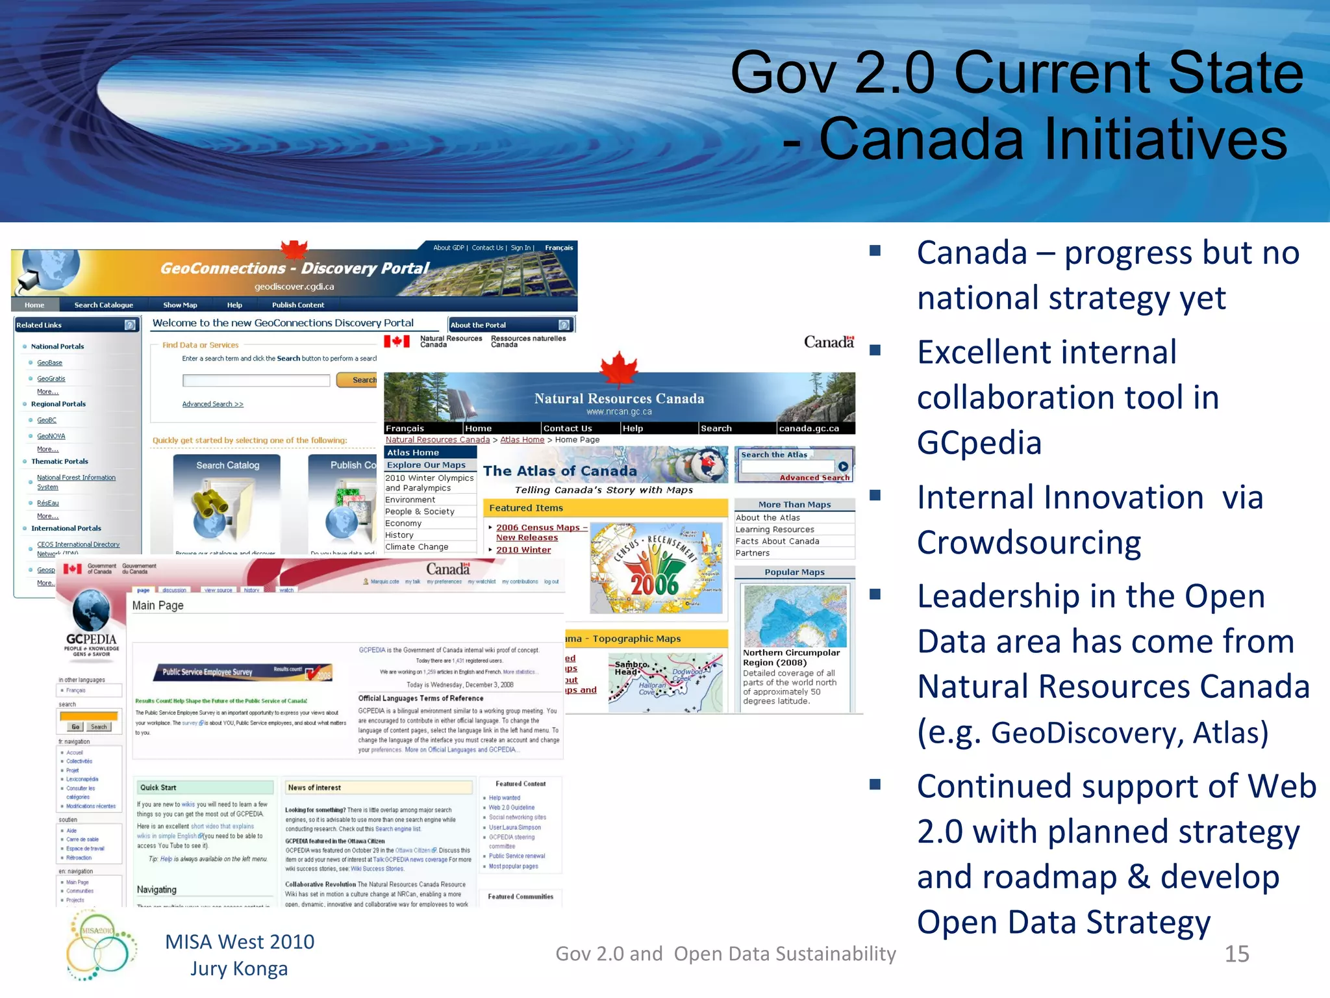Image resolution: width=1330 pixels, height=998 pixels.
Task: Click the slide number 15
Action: (x=1236, y=954)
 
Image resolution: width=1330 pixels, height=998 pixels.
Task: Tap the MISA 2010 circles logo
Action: (x=100, y=944)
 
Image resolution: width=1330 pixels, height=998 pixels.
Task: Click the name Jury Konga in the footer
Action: (x=239, y=969)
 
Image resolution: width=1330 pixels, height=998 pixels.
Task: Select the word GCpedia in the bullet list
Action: (x=979, y=443)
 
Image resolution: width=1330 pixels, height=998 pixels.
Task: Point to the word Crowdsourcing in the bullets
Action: (x=1029, y=543)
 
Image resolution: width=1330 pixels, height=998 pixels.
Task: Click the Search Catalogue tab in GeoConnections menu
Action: (x=103, y=305)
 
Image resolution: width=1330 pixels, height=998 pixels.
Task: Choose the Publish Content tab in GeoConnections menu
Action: (x=297, y=305)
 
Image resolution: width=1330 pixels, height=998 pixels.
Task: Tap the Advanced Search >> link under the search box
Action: (x=212, y=404)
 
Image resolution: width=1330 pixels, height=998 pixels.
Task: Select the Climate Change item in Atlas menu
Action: (x=417, y=547)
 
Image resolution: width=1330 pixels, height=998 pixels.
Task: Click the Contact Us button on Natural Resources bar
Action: (x=568, y=428)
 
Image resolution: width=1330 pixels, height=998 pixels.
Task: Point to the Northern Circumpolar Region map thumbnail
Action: (x=795, y=615)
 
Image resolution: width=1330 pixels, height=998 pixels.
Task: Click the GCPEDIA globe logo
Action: (x=91, y=611)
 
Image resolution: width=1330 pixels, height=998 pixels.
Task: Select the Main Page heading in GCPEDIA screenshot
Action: (x=158, y=606)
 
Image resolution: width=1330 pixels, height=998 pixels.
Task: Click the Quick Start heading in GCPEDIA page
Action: (x=158, y=787)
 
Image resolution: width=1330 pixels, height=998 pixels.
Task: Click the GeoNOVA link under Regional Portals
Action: (x=51, y=436)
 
